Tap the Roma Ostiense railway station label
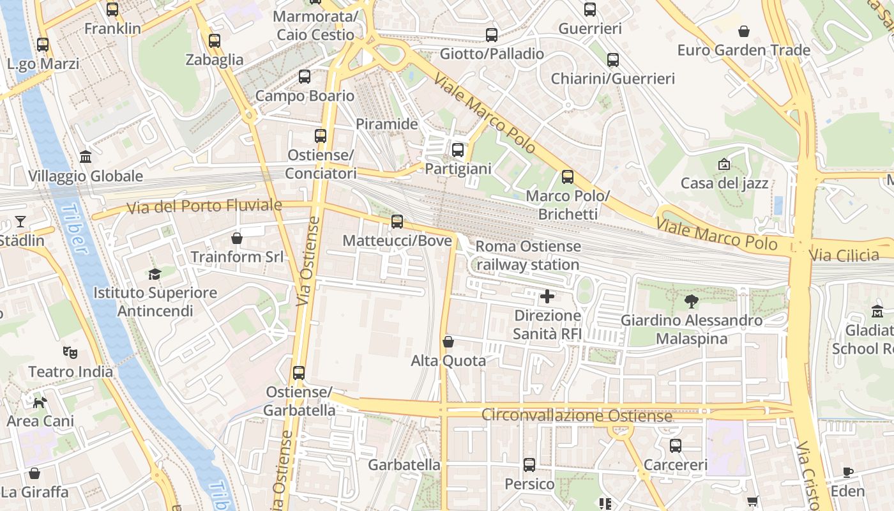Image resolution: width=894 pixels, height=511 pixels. tap(528, 256)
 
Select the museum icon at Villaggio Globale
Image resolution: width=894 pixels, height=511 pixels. tap(85, 157)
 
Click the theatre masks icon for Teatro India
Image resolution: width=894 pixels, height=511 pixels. tap(70, 352)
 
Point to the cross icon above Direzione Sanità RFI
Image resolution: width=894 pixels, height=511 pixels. tap(547, 296)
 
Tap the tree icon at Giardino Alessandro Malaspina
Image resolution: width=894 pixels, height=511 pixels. tap(691, 301)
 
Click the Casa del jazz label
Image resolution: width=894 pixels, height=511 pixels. tap(724, 184)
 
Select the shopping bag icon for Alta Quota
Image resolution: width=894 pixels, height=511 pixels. tap(448, 342)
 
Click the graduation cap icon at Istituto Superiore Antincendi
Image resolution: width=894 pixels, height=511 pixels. tap(155, 274)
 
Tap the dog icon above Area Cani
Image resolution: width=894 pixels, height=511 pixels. tap(40, 402)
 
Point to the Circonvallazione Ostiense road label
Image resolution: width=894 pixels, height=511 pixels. tap(577, 416)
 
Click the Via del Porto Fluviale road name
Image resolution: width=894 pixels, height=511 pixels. tap(204, 206)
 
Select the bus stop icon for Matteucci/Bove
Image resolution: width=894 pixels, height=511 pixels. tap(397, 222)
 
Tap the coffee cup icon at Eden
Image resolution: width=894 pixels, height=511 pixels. tap(847, 473)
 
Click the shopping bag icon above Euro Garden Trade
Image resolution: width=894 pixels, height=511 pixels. tap(743, 31)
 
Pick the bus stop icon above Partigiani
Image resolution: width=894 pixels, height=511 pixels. tap(458, 150)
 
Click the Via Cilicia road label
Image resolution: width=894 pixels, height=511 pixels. tap(844, 256)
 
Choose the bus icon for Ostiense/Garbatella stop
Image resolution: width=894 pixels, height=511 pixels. tap(299, 373)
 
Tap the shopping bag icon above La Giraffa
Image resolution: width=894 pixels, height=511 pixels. tap(34, 473)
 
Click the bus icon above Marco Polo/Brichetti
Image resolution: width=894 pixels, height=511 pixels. tap(567, 177)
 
